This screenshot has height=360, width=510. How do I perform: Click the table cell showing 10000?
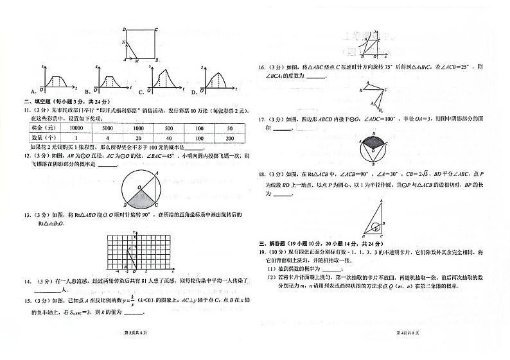(76, 128)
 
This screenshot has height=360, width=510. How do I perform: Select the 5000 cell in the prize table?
(107, 128)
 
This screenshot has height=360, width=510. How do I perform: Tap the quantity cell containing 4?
(107, 138)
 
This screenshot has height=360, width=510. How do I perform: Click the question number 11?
(28, 110)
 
